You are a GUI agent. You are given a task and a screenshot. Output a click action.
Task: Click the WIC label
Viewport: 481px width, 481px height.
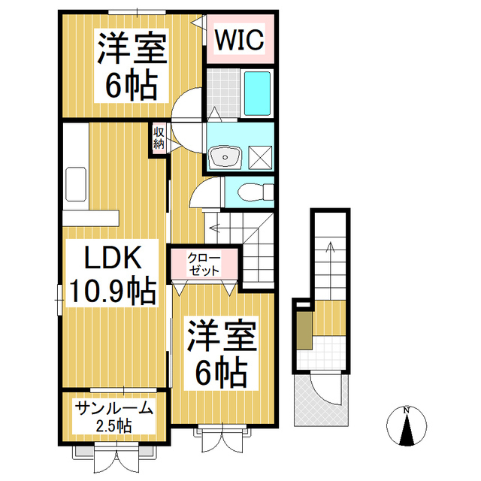coord(239,40)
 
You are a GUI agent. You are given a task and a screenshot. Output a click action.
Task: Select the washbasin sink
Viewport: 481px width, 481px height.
coord(225,157)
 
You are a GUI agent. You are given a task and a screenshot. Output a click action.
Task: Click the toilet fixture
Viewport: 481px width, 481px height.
coord(256,192)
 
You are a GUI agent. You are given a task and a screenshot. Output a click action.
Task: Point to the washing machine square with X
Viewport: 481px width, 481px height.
coord(260,157)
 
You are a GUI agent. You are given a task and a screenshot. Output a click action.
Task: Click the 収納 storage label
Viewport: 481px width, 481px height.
coord(159,138)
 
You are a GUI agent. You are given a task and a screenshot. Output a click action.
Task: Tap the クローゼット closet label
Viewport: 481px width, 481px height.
coord(204,264)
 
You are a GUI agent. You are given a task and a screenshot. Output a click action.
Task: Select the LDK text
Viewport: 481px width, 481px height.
coord(113,258)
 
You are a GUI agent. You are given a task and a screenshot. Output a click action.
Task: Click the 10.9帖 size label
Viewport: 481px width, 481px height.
coord(112,290)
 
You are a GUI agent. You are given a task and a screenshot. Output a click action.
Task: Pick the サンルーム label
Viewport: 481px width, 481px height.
coord(113,408)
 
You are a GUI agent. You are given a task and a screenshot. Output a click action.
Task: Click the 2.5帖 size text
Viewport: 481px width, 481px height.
coord(114,426)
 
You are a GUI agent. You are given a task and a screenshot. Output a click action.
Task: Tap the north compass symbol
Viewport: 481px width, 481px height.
coord(407,425)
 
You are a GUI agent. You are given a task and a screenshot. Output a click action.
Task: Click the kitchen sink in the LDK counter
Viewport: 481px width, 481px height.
coord(76,184)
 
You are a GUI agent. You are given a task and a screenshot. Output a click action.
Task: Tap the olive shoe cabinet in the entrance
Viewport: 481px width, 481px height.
coord(304,331)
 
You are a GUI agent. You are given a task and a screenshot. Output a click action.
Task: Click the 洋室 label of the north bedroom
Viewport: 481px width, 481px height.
coord(132,47)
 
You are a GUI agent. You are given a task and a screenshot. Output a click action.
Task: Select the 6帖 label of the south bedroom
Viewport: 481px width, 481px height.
coord(222,373)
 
